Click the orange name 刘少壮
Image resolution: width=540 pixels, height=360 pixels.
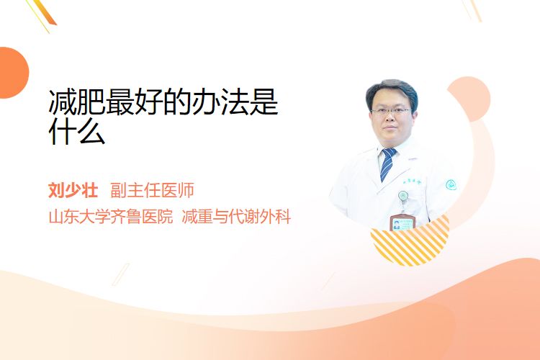(73, 190)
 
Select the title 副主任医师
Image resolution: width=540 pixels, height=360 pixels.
(152, 190)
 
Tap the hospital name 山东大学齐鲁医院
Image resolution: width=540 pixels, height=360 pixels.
(111, 217)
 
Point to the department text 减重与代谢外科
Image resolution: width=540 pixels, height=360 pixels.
(236, 217)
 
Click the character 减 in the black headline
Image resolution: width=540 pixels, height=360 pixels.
(63, 102)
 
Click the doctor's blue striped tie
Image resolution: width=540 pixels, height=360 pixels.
(388, 164)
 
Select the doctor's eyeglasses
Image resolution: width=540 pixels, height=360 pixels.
(390, 112)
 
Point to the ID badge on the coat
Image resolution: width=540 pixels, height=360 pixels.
(402, 222)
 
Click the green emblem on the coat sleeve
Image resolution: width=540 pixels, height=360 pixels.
(451, 185)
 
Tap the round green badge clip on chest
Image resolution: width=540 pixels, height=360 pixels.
(403, 197)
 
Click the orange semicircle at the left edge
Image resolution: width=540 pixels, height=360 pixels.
(13, 73)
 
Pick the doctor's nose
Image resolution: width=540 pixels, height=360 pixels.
(390, 118)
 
